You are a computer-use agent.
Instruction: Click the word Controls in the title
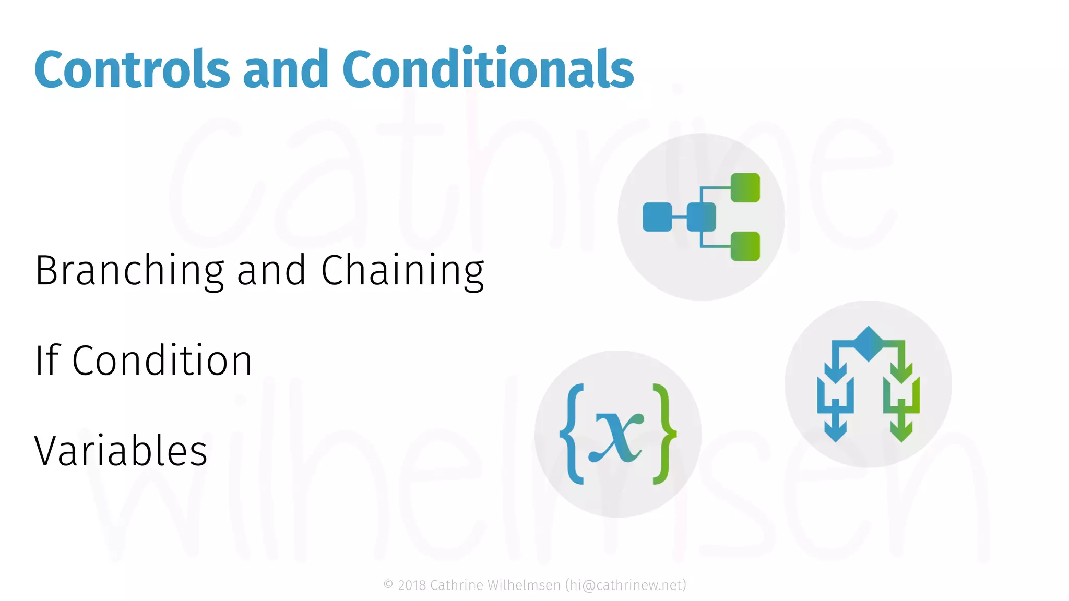(132, 69)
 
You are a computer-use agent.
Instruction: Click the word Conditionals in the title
(488, 69)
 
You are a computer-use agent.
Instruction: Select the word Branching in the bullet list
(129, 271)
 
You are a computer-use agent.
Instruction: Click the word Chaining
(402, 271)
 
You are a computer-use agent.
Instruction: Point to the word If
(47, 360)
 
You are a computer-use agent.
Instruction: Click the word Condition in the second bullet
(162, 360)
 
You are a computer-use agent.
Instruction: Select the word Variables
(121, 451)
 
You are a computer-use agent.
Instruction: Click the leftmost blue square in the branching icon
(657, 217)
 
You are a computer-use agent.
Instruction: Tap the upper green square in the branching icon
(745, 188)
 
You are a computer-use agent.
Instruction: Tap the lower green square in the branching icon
(745, 246)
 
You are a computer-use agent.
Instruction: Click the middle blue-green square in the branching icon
(701, 217)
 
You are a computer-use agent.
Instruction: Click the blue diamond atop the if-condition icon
(868, 344)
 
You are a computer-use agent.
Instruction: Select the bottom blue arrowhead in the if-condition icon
(835, 432)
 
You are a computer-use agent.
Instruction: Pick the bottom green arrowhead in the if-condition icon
(901, 432)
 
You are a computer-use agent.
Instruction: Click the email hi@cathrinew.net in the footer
(626, 585)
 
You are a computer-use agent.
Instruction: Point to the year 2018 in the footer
(412, 585)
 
